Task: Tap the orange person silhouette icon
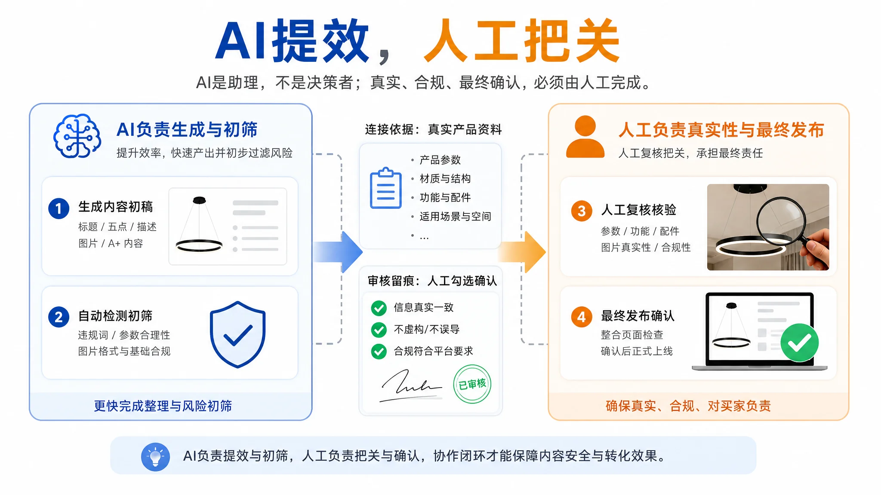585,137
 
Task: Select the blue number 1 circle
59,209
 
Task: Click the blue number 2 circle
59,317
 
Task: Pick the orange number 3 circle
582,211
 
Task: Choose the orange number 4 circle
582,317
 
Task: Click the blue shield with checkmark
237,334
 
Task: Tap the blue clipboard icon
386,188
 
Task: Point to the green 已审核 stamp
472,384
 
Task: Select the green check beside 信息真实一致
379,308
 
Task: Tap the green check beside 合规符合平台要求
379,351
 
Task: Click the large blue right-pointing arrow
338,252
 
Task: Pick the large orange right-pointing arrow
522,252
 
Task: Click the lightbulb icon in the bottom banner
155,457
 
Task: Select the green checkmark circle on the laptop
799,342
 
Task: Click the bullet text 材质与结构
445,179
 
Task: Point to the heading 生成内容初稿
115,207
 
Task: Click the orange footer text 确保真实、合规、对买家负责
688,406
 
